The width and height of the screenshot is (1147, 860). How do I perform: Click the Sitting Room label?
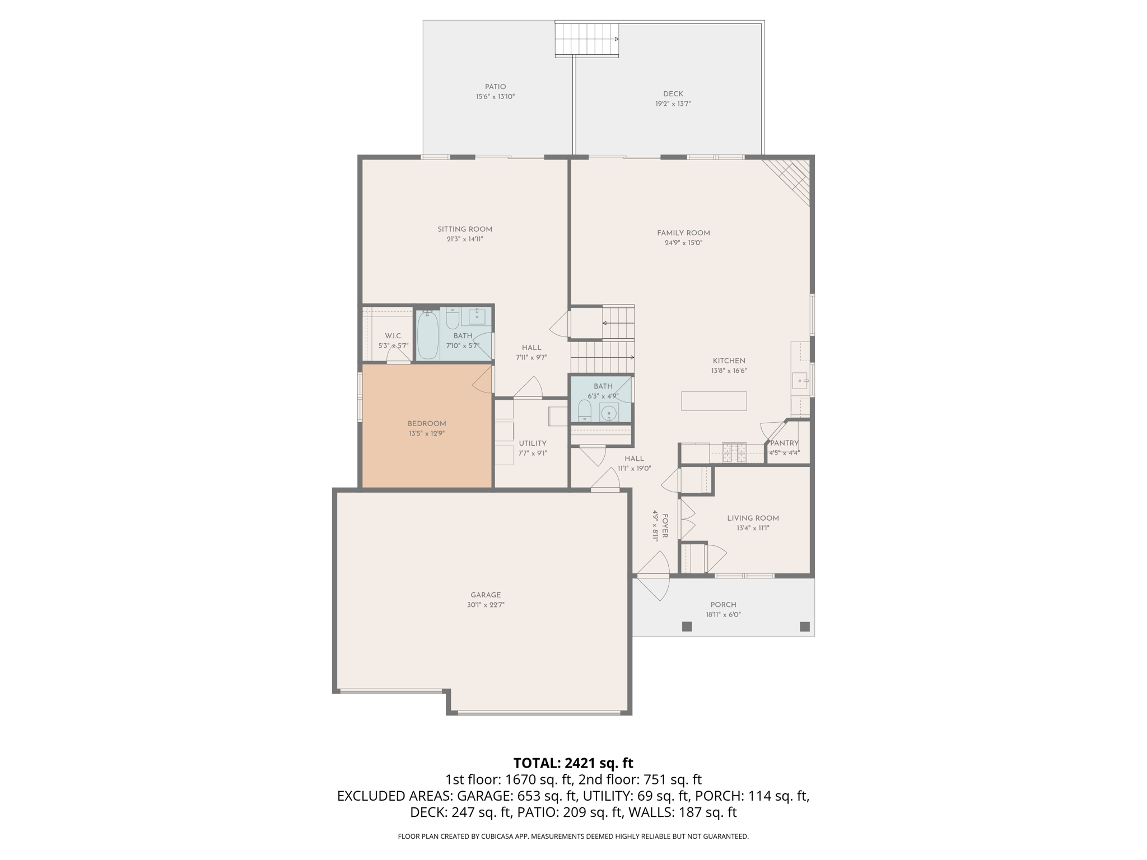pos(464,229)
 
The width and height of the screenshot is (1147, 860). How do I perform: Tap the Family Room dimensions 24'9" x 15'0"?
pos(683,243)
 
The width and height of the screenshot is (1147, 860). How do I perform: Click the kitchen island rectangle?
pos(714,401)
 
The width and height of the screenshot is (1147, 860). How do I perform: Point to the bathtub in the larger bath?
pos(428,336)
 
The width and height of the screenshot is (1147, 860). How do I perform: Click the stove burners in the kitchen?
pos(734,452)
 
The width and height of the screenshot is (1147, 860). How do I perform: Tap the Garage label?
pos(485,595)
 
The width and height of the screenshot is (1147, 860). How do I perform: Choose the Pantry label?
pos(784,443)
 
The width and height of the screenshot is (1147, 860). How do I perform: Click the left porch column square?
pos(687,627)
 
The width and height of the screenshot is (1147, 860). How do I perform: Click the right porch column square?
pos(805,627)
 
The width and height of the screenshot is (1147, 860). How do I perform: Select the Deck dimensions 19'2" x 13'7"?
pos(673,104)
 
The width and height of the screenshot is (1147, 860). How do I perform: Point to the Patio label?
pos(495,87)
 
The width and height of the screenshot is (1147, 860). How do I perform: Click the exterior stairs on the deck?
pos(586,39)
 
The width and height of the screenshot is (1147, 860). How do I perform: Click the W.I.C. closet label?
pos(393,336)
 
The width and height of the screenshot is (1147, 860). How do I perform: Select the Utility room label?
pos(532,443)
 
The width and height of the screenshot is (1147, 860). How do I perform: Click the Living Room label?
pos(753,518)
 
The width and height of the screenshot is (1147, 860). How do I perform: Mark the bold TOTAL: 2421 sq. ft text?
pos(573,763)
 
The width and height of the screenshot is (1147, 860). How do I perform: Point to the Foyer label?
pos(665,526)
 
